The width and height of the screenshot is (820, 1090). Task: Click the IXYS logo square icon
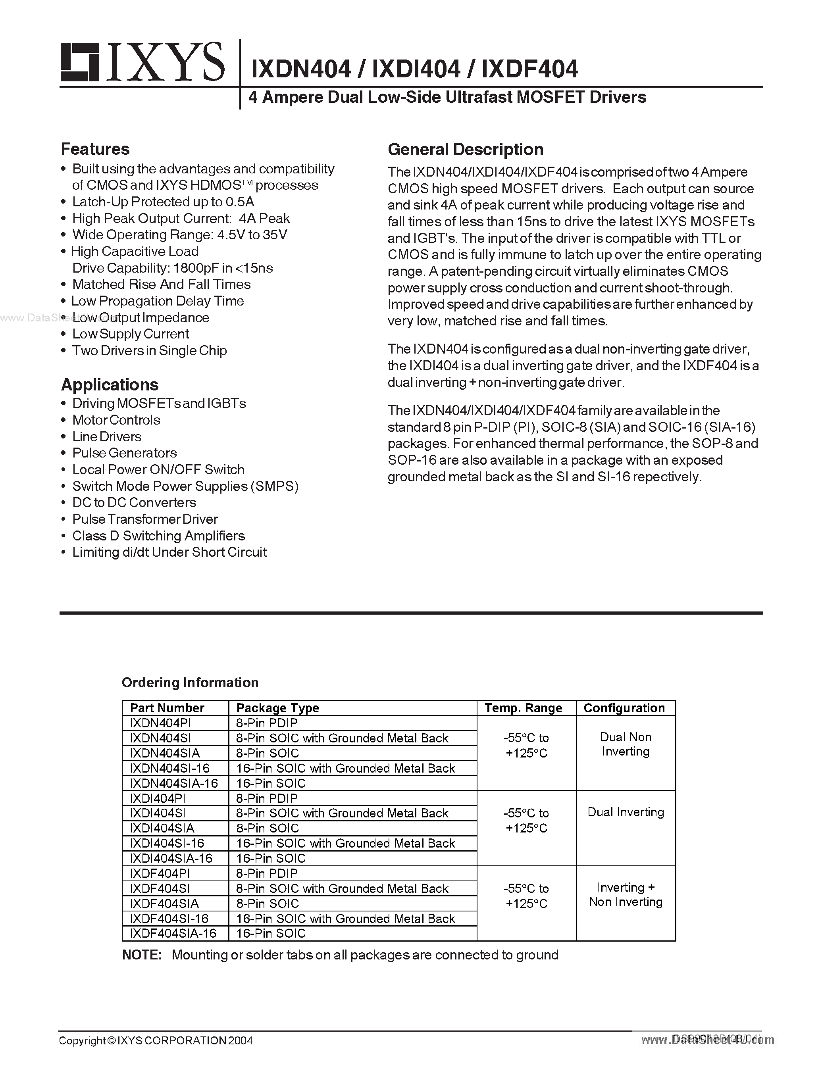click(x=79, y=62)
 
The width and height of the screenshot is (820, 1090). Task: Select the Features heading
click(x=95, y=149)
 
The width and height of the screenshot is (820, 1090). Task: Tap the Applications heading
click(x=110, y=384)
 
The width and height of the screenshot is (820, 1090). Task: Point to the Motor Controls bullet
click(x=116, y=420)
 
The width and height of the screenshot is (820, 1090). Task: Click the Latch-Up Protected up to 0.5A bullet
click(x=163, y=202)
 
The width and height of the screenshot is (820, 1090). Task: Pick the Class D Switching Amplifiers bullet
click(x=158, y=536)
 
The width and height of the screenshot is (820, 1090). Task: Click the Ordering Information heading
click(x=190, y=682)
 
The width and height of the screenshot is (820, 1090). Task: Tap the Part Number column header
click(x=167, y=708)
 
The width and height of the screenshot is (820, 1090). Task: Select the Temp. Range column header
click(x=524, y=708)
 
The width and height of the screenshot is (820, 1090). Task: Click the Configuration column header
click(x=624, y=708)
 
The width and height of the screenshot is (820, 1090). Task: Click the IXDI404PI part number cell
click(x=158, y=798)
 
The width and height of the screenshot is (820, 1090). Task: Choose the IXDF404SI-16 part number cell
click(x=169, y=919)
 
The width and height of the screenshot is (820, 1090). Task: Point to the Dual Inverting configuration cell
click(x=626, y=812)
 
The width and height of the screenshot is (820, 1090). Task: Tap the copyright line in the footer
click(x=156, y=1040)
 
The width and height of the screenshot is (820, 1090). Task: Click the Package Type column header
click(x=277, y=708)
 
